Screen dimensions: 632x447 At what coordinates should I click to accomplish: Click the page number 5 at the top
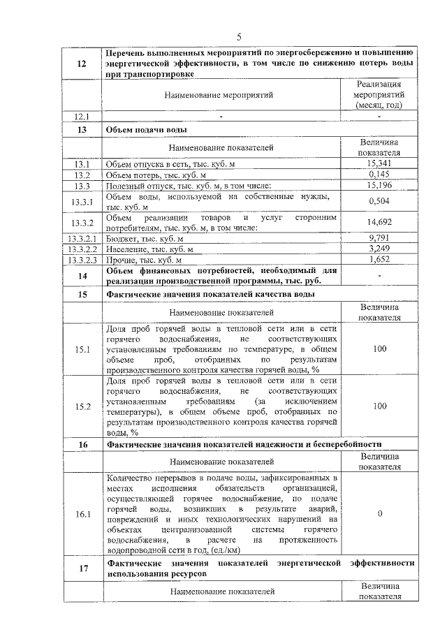pos(239,36)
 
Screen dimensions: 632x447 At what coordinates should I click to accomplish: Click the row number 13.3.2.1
pos(82,238)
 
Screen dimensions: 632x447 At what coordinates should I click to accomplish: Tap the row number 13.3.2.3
pos(82,260)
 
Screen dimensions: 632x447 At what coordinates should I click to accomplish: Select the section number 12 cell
pos(82,64)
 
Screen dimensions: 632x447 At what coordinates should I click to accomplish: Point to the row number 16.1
pos(82,514)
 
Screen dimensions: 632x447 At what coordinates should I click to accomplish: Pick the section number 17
pos(82,568)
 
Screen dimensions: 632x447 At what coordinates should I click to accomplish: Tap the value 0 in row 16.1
pos(379,514)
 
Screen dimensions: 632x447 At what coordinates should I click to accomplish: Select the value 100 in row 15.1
pos(379,348)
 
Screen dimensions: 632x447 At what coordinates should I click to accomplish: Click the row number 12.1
pos(82,116)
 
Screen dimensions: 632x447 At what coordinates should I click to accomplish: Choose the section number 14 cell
pos(82,276)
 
